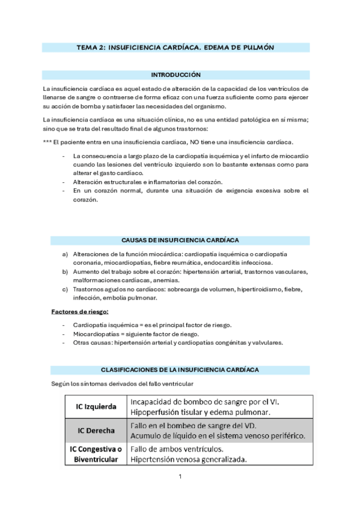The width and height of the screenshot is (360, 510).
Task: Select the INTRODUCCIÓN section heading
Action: (x=175, y=75)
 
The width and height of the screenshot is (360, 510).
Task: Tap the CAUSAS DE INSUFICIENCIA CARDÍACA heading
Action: (x=175, y=240)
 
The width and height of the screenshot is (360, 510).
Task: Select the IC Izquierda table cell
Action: (x=97, y=407)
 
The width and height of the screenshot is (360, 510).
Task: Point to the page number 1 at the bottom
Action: (x=180, y=478)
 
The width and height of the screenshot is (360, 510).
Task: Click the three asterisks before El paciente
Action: (x=46, y=142)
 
